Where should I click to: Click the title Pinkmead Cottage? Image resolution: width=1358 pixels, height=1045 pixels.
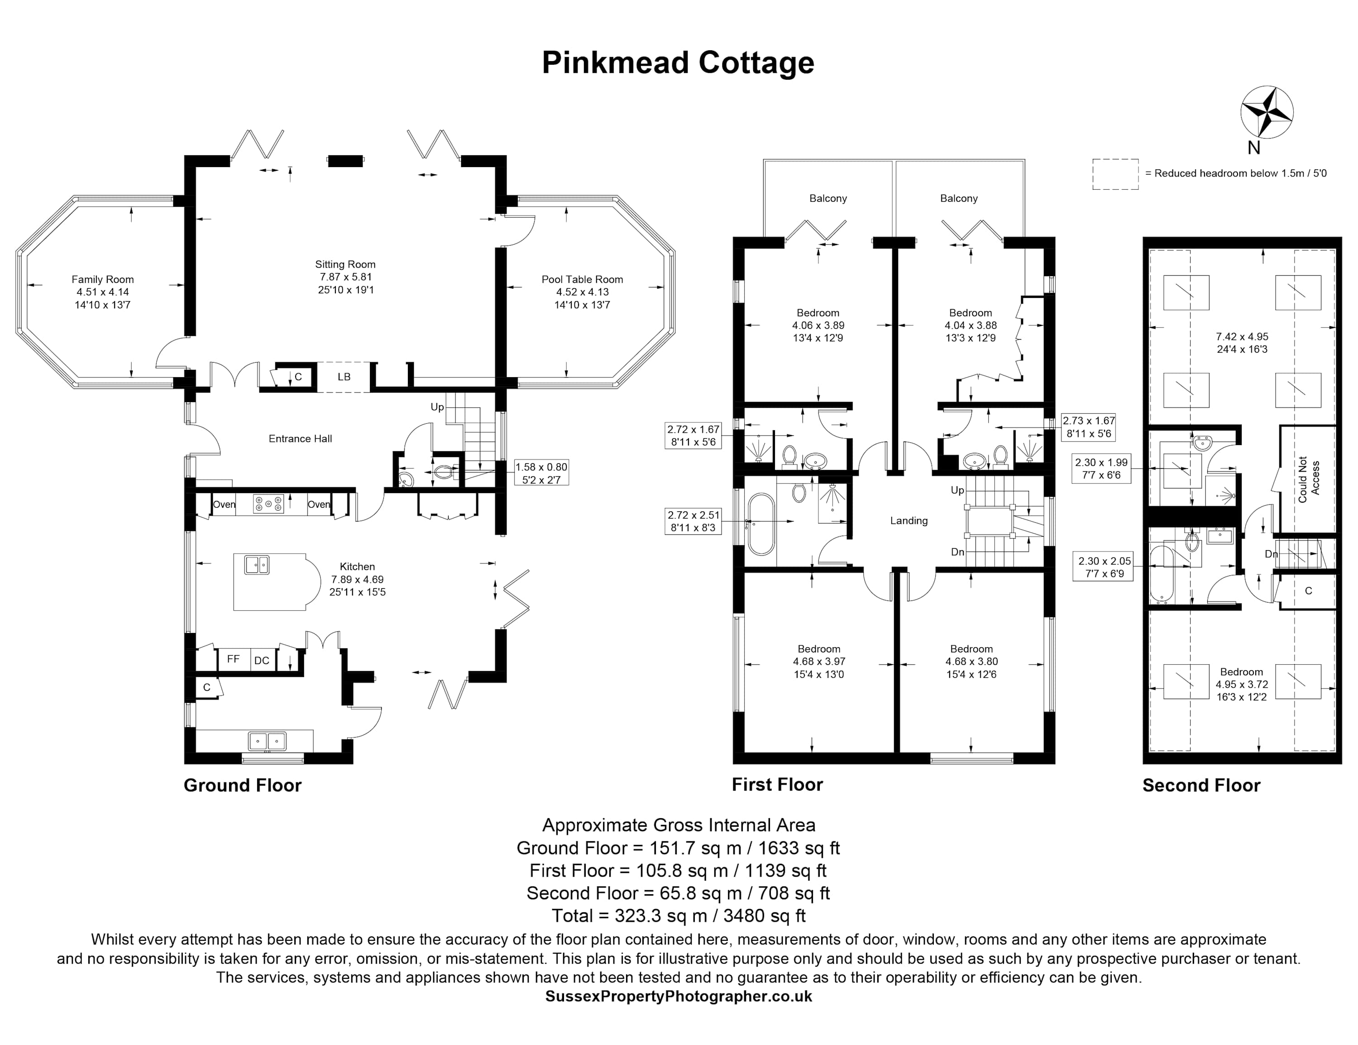(678, 63)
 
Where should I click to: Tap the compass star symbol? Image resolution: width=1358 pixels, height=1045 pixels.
(1267, 113)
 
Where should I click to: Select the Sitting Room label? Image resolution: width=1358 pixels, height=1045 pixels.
(345, 264)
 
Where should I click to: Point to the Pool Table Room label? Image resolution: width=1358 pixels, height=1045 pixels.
(582, 280)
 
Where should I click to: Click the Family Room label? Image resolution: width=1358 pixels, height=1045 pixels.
(103, 280)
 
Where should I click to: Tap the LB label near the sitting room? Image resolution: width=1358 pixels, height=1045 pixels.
(344, 377)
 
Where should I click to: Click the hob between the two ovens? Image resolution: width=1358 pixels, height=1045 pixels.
(268, 504)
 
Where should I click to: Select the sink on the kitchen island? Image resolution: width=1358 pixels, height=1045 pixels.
(257, 565)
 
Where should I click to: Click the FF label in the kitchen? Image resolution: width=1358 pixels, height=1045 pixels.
(233, 659)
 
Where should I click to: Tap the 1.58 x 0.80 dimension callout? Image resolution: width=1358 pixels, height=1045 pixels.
(541, 473)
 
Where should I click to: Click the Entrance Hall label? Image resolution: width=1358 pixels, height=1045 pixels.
(300, 439)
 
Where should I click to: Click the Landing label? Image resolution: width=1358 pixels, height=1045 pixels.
(909, 521)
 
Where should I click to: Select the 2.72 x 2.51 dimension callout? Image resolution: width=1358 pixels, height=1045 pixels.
(693, 521)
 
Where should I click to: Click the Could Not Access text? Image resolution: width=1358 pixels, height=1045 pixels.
(1309, 479)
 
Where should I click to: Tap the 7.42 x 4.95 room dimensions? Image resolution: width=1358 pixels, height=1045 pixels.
(1242, 343)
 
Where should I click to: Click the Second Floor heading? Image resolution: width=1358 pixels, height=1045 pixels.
(1200, 786)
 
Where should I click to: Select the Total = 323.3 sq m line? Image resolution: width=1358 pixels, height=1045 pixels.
(679, 916)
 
